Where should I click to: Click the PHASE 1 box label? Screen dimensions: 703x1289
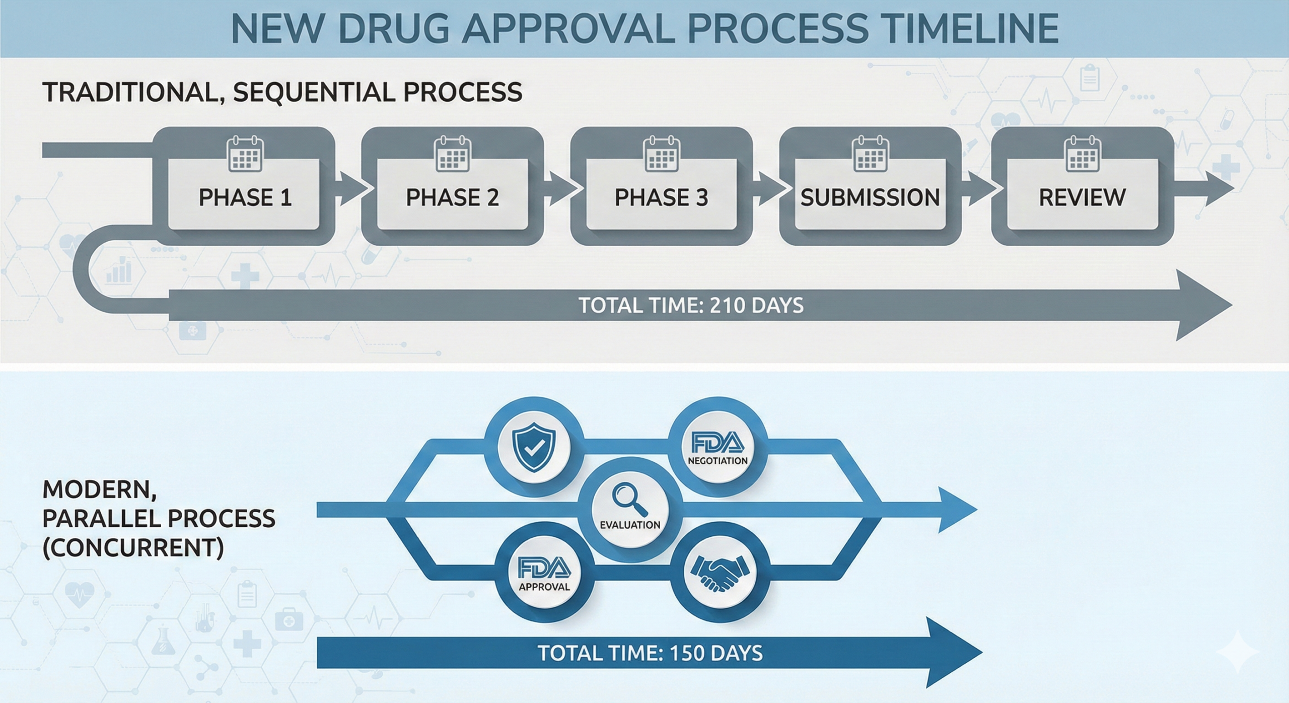point(245,197)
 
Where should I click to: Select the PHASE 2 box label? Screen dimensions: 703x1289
point(452,197)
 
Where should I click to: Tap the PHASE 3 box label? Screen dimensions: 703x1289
point(661,197)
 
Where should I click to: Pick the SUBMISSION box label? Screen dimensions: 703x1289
point(870,197)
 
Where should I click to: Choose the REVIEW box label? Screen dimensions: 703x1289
point(1082,197)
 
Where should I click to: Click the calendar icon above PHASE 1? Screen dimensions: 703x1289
point(246,154)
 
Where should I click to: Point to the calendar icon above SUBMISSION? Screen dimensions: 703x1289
point(870,154)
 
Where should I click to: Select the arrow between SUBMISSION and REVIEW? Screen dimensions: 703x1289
point(979,188)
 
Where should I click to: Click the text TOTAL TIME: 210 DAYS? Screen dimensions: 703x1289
point(691,306)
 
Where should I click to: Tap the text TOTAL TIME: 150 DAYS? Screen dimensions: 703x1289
point(650,653)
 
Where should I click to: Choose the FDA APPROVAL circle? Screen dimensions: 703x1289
point(544,573)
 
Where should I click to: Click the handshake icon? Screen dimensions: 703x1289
point(721,573)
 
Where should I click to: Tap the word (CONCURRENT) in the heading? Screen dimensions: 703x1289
point(133,548)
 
